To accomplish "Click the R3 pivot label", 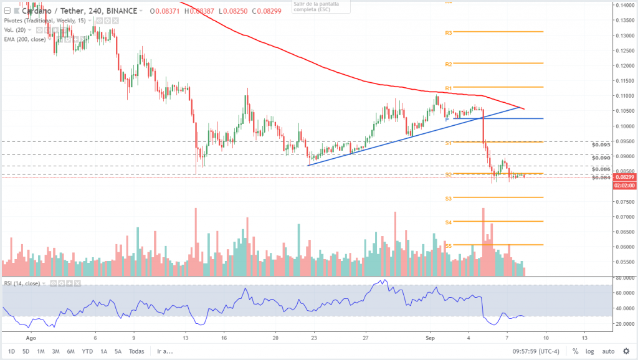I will tap(448, 32).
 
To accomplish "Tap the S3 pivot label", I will tap(448, 199).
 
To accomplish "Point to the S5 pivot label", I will tap(448, 246).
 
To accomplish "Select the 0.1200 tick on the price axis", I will tap(624, 66).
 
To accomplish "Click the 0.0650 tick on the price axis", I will tap(624, 232).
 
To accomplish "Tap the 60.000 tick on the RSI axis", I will tap(624, 292).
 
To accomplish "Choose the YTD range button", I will tap(87, 351).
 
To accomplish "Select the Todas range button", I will tap(136, 351).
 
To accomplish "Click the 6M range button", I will tap(71, 351).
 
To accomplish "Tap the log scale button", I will tap(589, 351).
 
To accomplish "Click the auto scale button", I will tap(609, 351).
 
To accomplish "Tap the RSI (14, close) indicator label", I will tap(22, 283).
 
